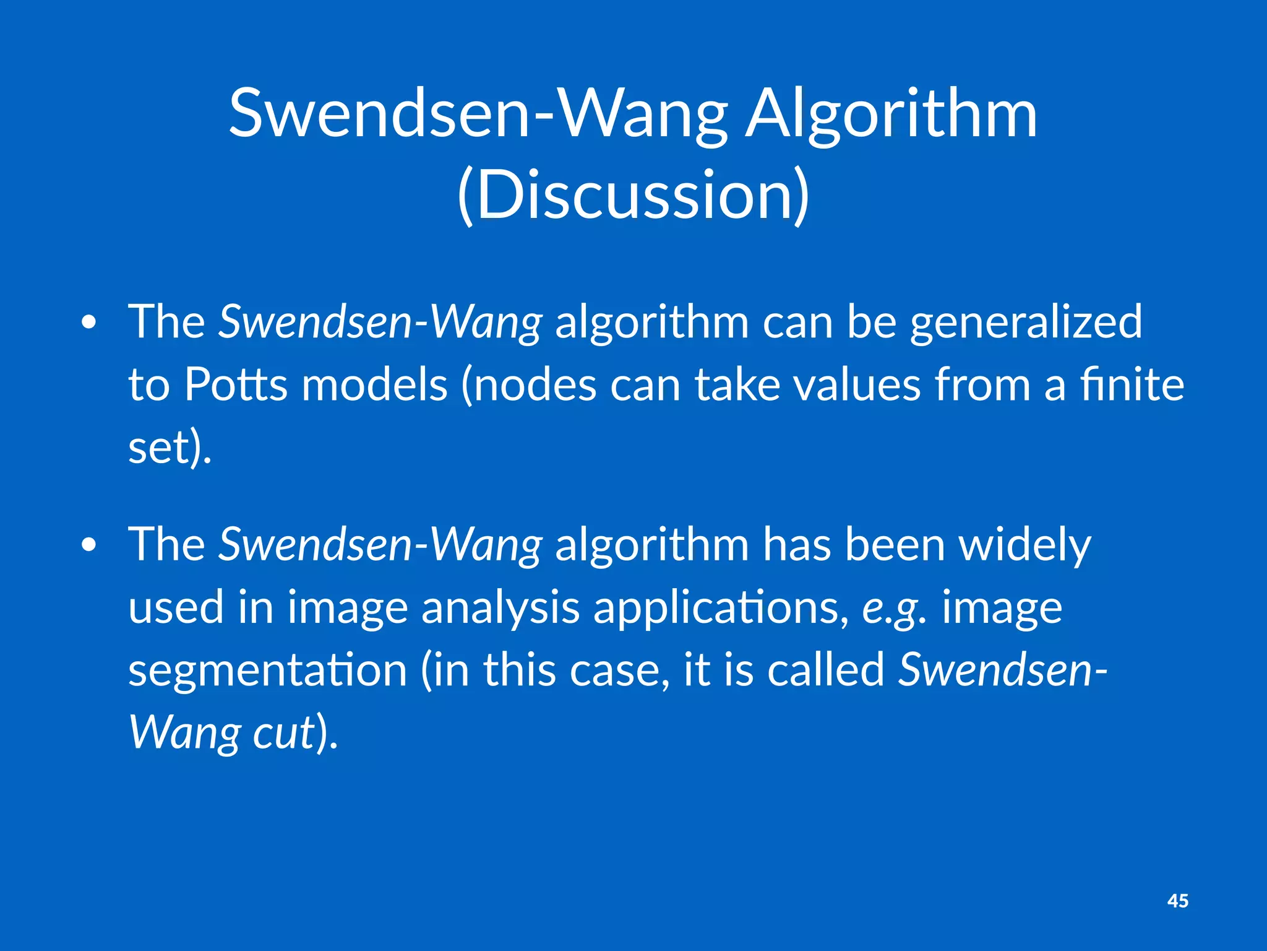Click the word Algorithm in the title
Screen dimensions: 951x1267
pyautogui.click(x=891, y=115)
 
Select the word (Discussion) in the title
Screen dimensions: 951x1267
pyautogui.click(x=633, y=194)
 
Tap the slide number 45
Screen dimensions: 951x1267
pyautogui.click(x=1177, y=901)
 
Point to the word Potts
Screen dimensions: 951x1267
pyautogui.click(x=236, y=384)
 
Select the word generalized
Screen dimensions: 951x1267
pyautogui.click(x=1026, y=323)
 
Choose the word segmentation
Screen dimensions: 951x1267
pyautogui.click(x=267, y=671)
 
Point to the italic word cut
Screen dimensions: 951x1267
pyautogui.click(x=284, y=732)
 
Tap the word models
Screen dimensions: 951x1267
pyautogui.click(x=374, y=384)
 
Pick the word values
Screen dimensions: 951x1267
pyautogui.click(x=857, y=384)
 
